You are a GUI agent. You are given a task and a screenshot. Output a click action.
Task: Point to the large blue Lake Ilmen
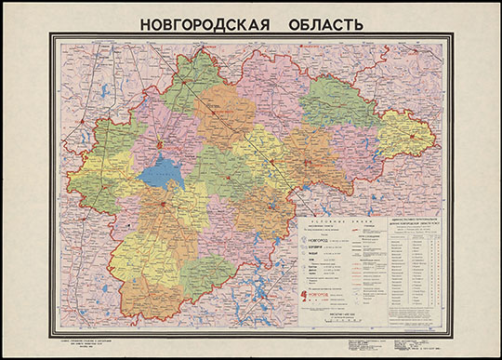[x=162, y=172]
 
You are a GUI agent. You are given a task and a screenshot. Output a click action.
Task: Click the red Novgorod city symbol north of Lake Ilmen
[x=165, y=145]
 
